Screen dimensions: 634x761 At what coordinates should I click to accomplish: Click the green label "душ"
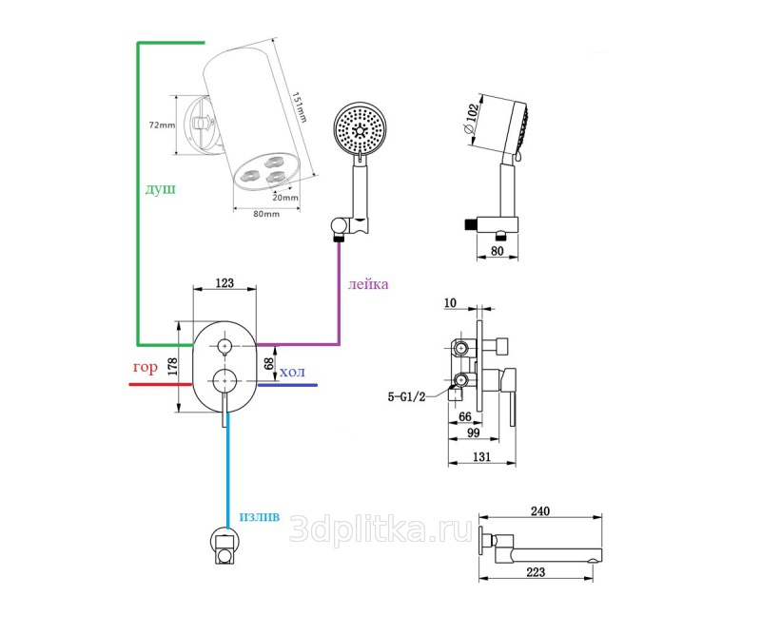click(160, 189)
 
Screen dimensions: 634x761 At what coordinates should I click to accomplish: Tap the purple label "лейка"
click(368, 284)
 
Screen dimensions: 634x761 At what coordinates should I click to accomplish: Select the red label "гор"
click(145, 367)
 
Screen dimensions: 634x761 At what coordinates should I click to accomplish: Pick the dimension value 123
click(225, 283)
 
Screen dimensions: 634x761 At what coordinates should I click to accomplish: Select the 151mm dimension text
click(299, 106)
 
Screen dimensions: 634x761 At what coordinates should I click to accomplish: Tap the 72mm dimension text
click(163, 125)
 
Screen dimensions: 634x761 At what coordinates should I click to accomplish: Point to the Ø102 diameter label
click(470, 125)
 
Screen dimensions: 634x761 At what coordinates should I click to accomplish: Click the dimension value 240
click(539, 511)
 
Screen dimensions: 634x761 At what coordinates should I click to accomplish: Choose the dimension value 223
click(537, 571)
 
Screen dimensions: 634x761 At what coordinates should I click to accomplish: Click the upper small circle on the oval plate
click(225, 345)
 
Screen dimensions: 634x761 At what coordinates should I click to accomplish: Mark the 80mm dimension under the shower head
click(266, 214)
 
